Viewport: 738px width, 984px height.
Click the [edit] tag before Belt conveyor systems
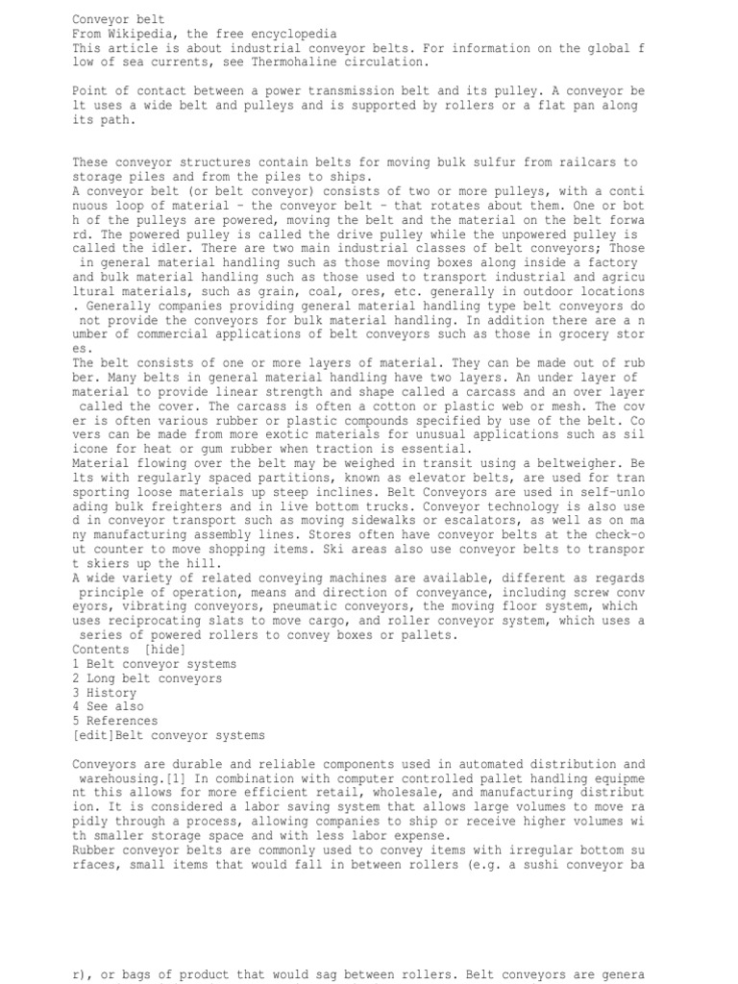(x=93, y=735)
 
